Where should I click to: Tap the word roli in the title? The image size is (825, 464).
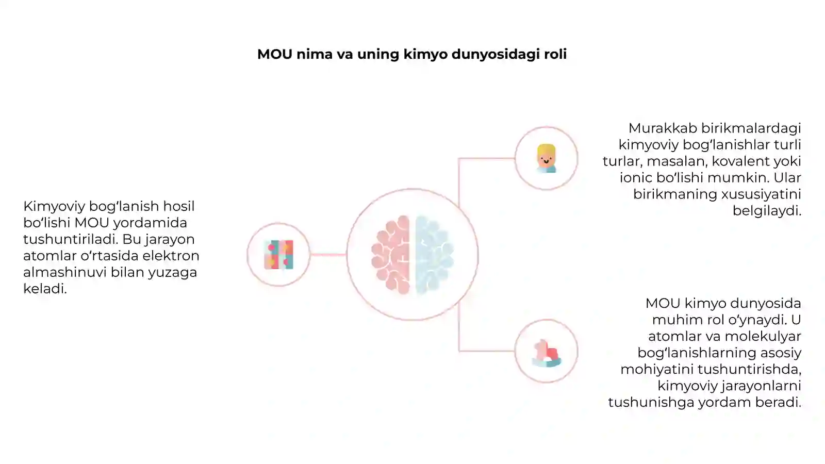pos(555,54)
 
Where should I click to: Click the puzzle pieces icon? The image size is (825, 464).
pos(279,255)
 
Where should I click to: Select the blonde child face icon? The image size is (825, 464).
pos(546,158)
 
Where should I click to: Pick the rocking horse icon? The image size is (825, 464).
pos(547,353)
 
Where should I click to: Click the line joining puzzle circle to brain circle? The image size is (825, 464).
pos(328,255)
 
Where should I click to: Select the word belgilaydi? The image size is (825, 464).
pos(767,211)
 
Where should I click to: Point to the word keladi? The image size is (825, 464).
pos(45,288)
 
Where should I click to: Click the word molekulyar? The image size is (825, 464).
pos(763,336)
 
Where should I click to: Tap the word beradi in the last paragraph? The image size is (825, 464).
pos(778,402)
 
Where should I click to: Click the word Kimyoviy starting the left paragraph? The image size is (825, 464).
pos(54,207)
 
